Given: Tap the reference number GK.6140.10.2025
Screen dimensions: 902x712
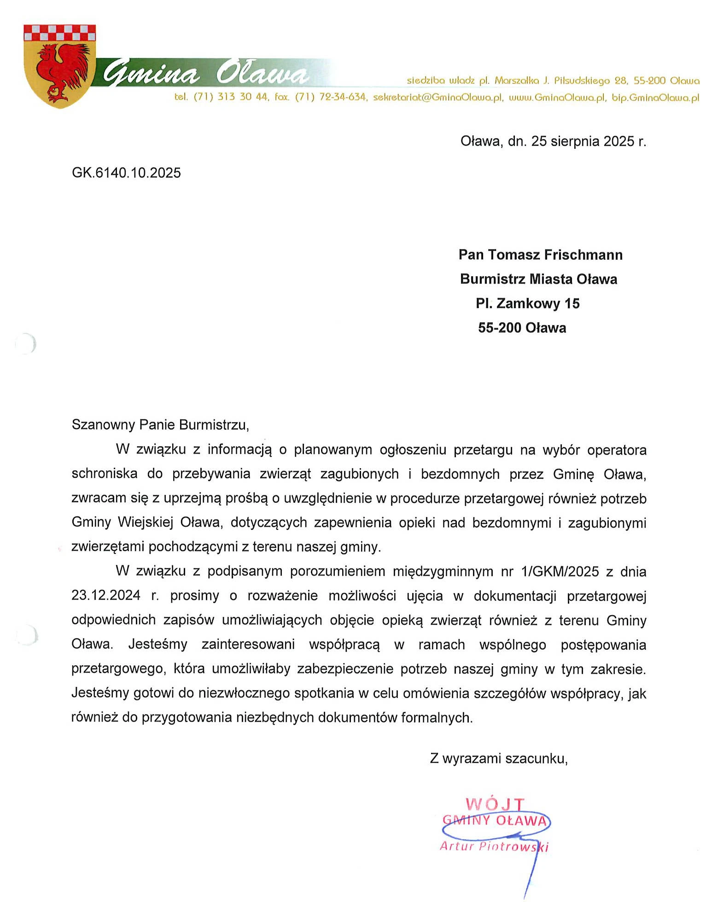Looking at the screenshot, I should point(126,173).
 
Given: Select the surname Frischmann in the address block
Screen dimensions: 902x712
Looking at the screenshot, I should point(583,255).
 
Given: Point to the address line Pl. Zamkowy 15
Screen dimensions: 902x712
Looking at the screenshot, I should point(527,303).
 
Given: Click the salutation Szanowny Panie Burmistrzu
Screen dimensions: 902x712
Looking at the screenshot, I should point(160,425).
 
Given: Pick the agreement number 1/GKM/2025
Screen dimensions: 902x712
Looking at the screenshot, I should point(560,571).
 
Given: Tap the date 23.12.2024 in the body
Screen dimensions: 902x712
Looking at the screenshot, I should point(106,595).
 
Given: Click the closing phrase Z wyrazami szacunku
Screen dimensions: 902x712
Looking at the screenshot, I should point(498,758).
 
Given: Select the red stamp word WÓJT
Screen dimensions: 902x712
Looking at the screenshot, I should point(495,804).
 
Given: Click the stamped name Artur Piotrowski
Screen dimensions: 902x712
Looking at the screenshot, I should point(494,846).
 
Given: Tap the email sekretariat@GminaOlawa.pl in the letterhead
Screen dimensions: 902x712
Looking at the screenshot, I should point(438,98).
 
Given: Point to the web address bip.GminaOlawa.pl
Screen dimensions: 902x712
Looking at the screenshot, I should point(655,98).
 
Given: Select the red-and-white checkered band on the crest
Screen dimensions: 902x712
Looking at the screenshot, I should point(59,33).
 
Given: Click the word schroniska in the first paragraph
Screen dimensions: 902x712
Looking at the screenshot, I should point(105,474).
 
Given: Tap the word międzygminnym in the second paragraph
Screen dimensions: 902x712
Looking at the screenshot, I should point(443,571).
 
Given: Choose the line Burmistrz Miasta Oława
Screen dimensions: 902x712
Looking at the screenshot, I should point(538,279).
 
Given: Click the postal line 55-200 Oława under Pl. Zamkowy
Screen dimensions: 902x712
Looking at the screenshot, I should point(522,328).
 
